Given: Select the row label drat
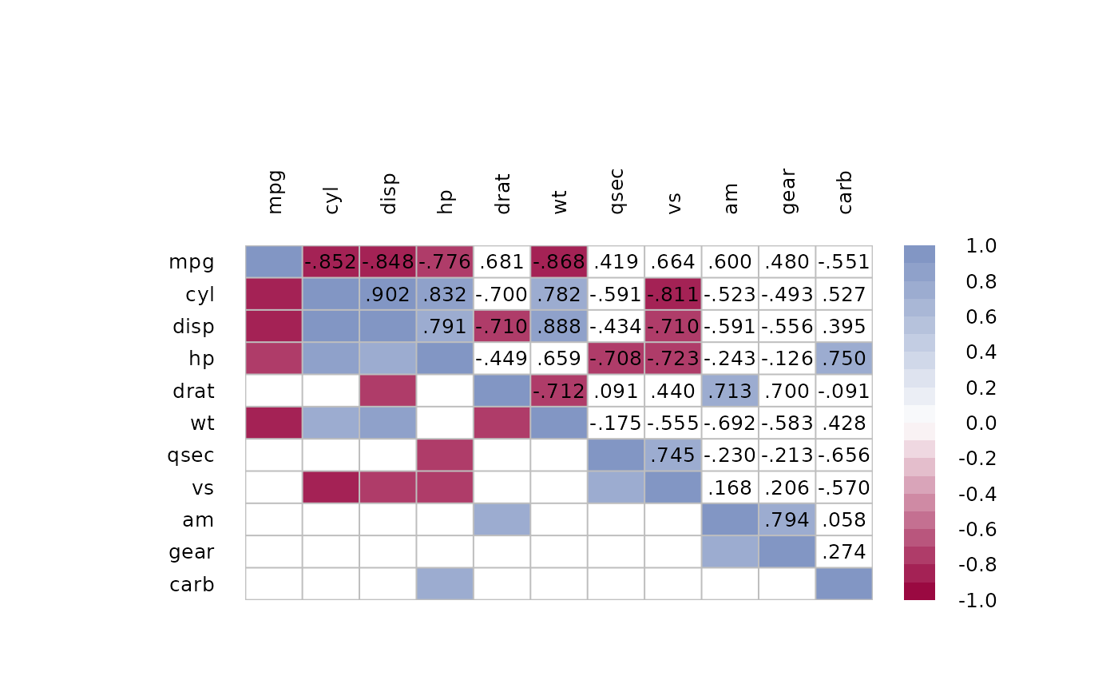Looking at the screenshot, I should (193, 391).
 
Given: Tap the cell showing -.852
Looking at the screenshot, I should (331, 262).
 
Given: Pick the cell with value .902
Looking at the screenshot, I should (388, 294).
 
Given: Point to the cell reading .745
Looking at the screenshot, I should (673, 455).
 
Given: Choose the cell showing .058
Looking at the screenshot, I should (844, 519).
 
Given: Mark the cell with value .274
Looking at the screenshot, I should (844, 551).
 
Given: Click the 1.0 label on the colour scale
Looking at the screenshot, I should (981, 246).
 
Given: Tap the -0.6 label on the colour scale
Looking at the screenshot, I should (976, 529).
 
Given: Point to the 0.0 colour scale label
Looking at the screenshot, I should (981, 423).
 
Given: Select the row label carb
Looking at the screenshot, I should (192, 584).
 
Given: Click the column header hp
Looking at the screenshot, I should (446, 199).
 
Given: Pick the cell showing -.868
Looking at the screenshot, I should (559, 262).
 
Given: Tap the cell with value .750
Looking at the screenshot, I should (844, 359).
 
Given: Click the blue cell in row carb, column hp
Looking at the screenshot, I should (445, 583).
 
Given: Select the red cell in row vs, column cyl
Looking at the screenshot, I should (331, 487).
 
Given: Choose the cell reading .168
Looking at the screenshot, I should (730, 487).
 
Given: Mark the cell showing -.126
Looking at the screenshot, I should (787, 359).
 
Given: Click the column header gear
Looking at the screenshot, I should (787, 191).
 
